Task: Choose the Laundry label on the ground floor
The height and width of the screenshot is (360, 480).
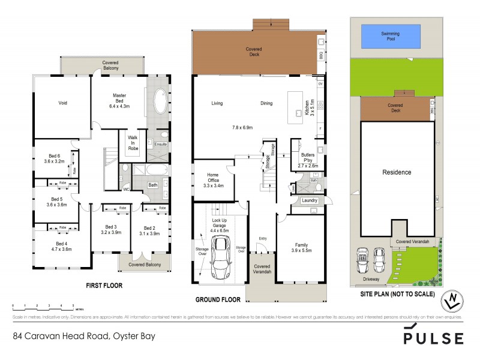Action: coord(309,200)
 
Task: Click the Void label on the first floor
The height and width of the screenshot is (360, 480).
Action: coord(62,103)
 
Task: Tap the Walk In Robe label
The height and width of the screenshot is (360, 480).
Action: coord(133,142)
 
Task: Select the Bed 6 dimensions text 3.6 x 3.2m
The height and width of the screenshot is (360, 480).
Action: coord(54,161)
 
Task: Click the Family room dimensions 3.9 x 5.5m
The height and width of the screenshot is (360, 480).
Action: coord(301,250)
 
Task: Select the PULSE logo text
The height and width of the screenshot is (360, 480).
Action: coord(433,337)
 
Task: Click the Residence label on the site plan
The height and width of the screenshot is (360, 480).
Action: coord(397,172)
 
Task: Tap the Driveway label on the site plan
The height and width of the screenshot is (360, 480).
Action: coord(371,279)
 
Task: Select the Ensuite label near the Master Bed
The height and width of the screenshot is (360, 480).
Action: coord(161,144)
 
